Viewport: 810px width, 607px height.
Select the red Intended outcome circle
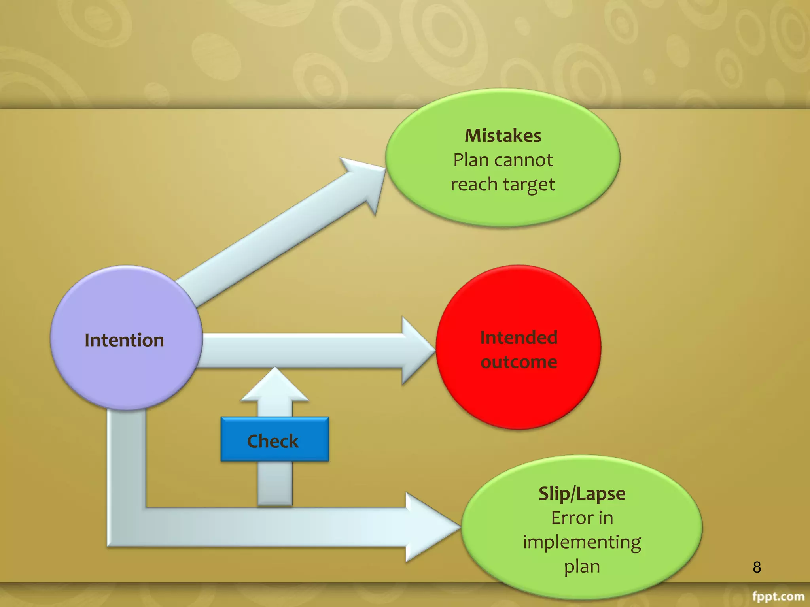(x=518, y=348)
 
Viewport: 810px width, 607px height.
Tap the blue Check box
(x=274, y=440)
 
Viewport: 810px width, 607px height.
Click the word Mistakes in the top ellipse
(x=503, y=136)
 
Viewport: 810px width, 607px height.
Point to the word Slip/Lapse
(x=582, y=494)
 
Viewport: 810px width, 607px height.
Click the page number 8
(x=757, y=567)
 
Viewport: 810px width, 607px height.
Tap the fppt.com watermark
(x=778, y=596)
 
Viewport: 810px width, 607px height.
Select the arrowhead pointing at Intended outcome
(x=417, y=350)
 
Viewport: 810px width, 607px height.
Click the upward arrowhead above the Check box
(x=275, y=385)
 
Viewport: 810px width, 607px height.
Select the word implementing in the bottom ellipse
(x=582, y=542)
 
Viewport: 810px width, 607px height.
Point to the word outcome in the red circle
(x=519, y=362)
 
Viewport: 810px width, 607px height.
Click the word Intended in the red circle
(x=519, y=337)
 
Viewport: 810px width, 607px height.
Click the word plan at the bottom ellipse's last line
(x=582, y=567)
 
